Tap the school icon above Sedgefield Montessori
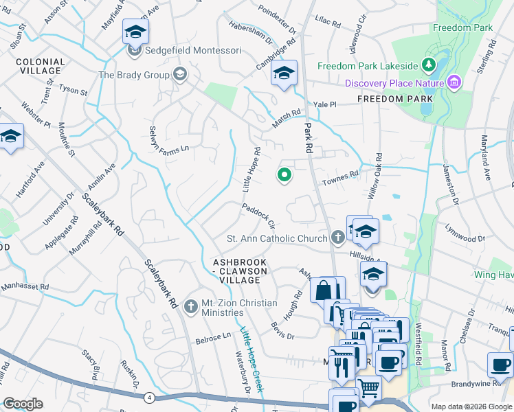pyautogui.click(x=135, y=32)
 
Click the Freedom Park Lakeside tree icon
pyautogui.click(x=429, y=66)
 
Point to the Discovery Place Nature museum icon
pyautogui.click(x=453, y=83)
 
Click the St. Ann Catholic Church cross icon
pyautogui.click(x=337, y=238)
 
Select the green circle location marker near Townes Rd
pyautogui.click(x=283, y=176)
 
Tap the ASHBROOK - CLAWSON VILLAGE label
pyautogui.click(x=243, y=271)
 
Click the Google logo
pyautogui.click(x=23, y=404)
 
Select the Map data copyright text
pyautogui.click(x=471, y=407)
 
